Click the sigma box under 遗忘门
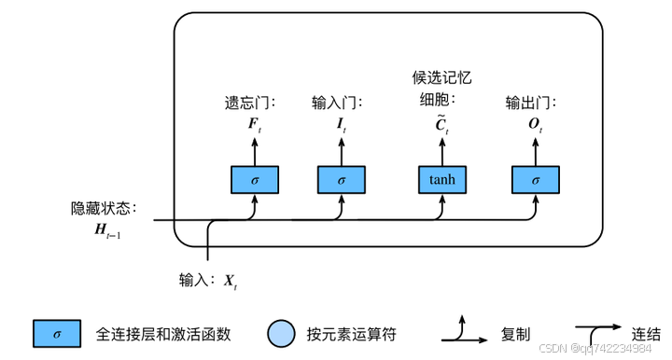255,179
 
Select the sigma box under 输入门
342,179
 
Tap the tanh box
441,179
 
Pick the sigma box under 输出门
536,179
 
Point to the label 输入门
337,104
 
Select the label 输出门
531,104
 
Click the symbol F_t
255,126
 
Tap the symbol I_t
342,126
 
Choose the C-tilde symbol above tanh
441,126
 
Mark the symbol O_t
536,126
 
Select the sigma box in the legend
57,333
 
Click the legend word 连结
646,333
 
